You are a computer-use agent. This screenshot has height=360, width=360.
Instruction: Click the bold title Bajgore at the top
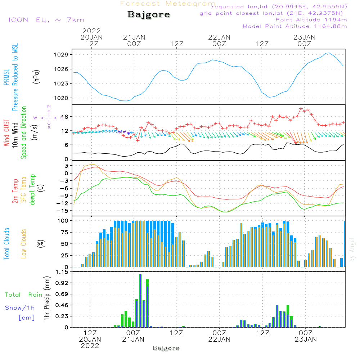tap(149, 15)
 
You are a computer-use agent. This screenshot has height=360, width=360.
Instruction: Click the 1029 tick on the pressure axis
tap(61, 55)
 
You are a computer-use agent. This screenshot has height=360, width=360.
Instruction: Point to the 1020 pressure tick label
tap(61, 98)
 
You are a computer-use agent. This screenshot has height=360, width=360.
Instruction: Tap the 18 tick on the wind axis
tap(65, 117)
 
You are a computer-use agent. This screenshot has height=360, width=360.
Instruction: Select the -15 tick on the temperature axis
tap(62, 211)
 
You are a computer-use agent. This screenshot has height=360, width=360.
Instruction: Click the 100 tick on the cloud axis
tap(63, 221)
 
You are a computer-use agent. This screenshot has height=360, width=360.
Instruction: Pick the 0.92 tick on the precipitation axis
tap(62, 283)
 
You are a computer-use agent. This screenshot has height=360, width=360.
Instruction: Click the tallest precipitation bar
tap(140, 301)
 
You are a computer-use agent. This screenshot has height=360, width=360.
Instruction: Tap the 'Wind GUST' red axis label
tap(6, 132)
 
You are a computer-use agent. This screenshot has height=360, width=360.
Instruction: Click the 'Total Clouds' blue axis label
tap(6, 244)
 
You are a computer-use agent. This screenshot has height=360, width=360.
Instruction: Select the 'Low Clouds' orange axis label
tap(24, 244)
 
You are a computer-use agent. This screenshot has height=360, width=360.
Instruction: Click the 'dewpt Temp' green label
tap(32, 189)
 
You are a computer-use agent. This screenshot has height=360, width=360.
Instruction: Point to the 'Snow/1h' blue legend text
tap(20, 308)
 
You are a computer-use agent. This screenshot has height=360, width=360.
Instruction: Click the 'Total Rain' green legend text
tap(24, 294)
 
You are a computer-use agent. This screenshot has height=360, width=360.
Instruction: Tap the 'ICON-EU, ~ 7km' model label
tap(46, 20)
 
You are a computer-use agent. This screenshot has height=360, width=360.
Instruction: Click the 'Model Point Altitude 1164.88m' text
tap(295, 26)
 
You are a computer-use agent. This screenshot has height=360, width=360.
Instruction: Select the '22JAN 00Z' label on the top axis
tap(219, 40)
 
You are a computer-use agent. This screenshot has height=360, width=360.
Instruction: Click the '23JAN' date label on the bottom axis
tap(306, 339)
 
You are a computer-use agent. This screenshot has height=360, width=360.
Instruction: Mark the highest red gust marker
tap(301, 109)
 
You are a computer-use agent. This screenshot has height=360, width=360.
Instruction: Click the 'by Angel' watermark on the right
tap(352, 249)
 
